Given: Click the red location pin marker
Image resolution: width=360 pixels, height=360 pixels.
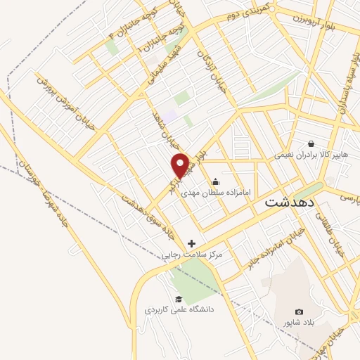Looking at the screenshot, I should coord(181,165).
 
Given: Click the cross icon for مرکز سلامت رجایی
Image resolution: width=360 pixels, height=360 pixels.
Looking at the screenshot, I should coord(191,243).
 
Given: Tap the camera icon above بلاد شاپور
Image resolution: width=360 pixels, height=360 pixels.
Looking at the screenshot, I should coord(300,311).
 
